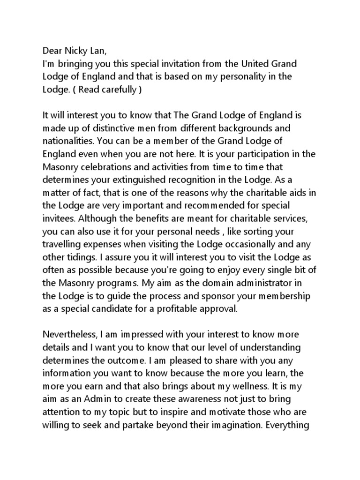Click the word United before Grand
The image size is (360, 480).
242,63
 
